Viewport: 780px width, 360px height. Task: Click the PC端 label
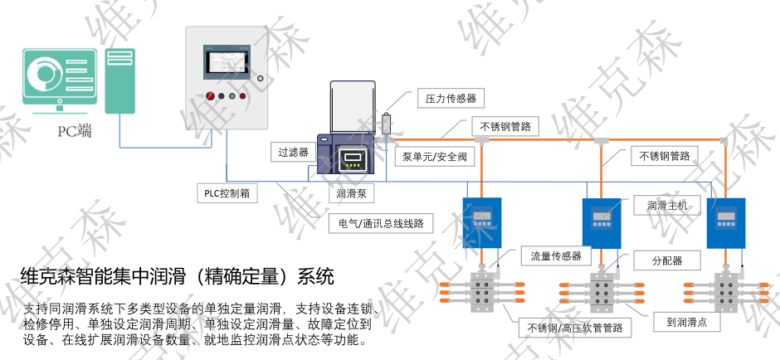pos(74,130)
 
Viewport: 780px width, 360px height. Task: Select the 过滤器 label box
pos(293,153)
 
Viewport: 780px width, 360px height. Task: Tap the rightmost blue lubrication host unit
pos(726,222)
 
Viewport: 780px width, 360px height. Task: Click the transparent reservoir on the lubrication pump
pos(354,108)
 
